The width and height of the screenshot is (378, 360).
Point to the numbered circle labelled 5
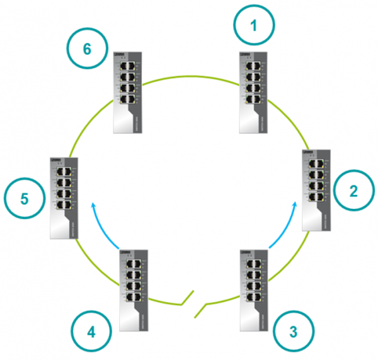(x=25, y=198)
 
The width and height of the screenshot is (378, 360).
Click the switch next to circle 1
(x=255, y=92)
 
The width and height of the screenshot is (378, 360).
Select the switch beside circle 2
(x=316, y=189)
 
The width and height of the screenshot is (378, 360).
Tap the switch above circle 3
(x=255, y=290)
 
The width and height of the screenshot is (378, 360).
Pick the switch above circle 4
(x=132, y=290)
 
